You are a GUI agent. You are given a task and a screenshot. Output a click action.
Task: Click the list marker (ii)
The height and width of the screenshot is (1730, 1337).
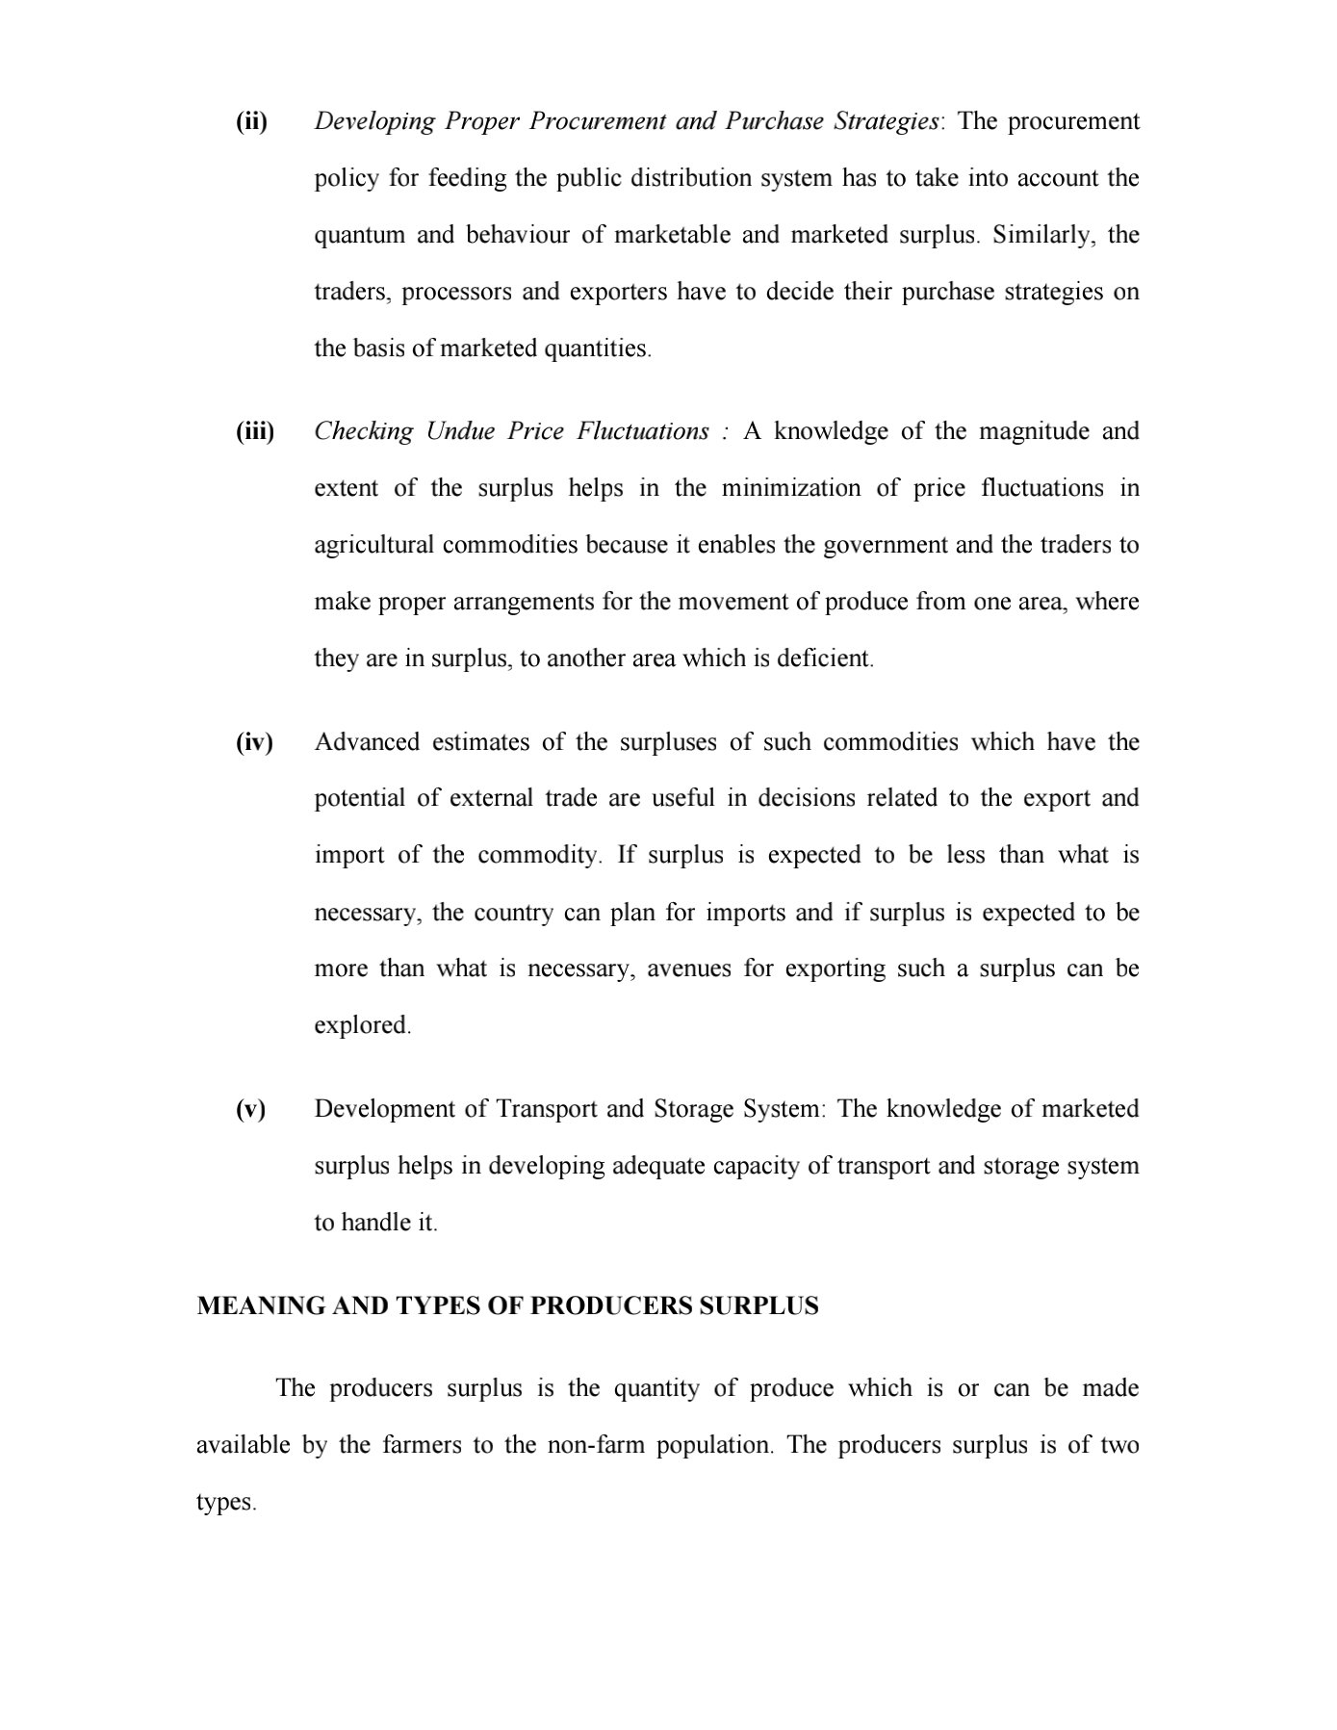click(x=251, y=122)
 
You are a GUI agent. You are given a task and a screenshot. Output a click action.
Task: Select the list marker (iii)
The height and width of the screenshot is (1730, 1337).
click(x=255, y=432)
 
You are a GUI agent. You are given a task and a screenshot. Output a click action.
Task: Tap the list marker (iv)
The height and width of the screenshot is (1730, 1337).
click(x=254, y=743)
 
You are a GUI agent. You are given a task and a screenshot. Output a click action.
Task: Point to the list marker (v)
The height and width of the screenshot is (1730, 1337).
click(x=250, y=1110)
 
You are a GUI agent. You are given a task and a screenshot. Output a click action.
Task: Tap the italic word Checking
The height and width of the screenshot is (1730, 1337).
click(x=363, y=432)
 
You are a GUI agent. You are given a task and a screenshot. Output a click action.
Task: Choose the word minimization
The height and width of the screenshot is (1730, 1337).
click(x=791, y=489)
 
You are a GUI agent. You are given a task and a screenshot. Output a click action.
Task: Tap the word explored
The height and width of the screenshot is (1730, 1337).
click(x=362, y=1026)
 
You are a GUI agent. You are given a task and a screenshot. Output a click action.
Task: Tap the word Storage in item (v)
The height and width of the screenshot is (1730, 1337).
click(x=695, y=1110)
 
